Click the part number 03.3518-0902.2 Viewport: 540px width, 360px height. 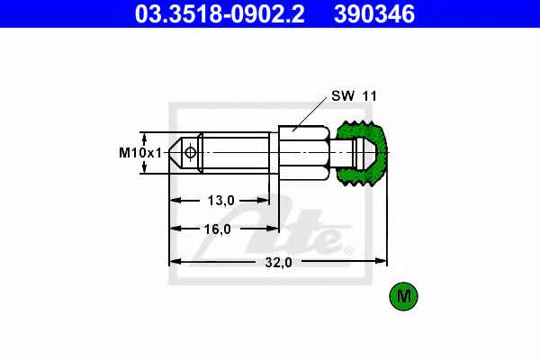tap(220, 13)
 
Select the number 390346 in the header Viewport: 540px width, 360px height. tap(374, 13)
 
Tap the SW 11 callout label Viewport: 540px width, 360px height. tap(354, 95)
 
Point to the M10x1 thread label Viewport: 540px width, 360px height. tap(140, 153)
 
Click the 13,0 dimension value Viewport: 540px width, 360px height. tap(220, 200)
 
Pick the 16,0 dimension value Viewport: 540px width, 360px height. tap(217, 229)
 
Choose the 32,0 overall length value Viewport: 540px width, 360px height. tap(278, 263)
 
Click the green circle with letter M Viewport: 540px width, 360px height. tap(403, 296)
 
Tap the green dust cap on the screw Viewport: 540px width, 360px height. tap(362, 153)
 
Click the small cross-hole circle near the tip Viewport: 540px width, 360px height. tap(190, 152)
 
